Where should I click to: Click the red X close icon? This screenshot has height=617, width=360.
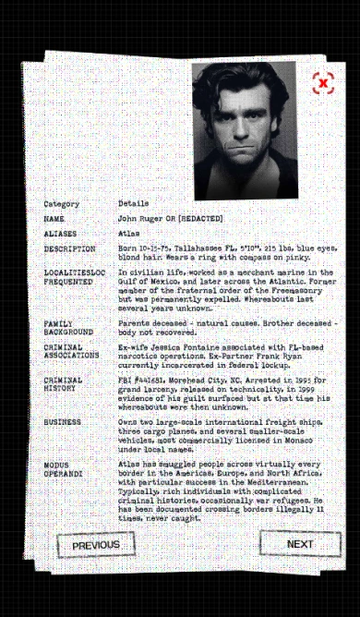tap(322, 83)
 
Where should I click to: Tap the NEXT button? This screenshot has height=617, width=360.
tap(300, 544)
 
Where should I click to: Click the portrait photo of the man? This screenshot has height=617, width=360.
tap(245, 129)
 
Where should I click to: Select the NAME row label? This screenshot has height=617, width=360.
tap(54, 219)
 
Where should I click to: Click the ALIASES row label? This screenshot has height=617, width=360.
tap(60, 234)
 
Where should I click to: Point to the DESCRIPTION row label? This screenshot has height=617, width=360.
tap(69, 249)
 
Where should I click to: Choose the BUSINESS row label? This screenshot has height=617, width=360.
tap(62, 422)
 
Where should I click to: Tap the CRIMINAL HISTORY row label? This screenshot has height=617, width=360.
tap(63, 384)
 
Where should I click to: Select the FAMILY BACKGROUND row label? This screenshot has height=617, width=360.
tap(67, 327)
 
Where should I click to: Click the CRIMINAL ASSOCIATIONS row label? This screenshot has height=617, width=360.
tap(71, 351)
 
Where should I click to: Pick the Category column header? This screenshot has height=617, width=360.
tap(61, 203)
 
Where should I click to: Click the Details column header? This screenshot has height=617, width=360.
tap(133, 203)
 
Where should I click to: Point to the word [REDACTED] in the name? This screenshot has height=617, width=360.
tap(200, 219)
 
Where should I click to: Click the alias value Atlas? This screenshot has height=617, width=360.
tap(128, 234)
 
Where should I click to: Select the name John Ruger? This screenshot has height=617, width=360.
tap(139, 219)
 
